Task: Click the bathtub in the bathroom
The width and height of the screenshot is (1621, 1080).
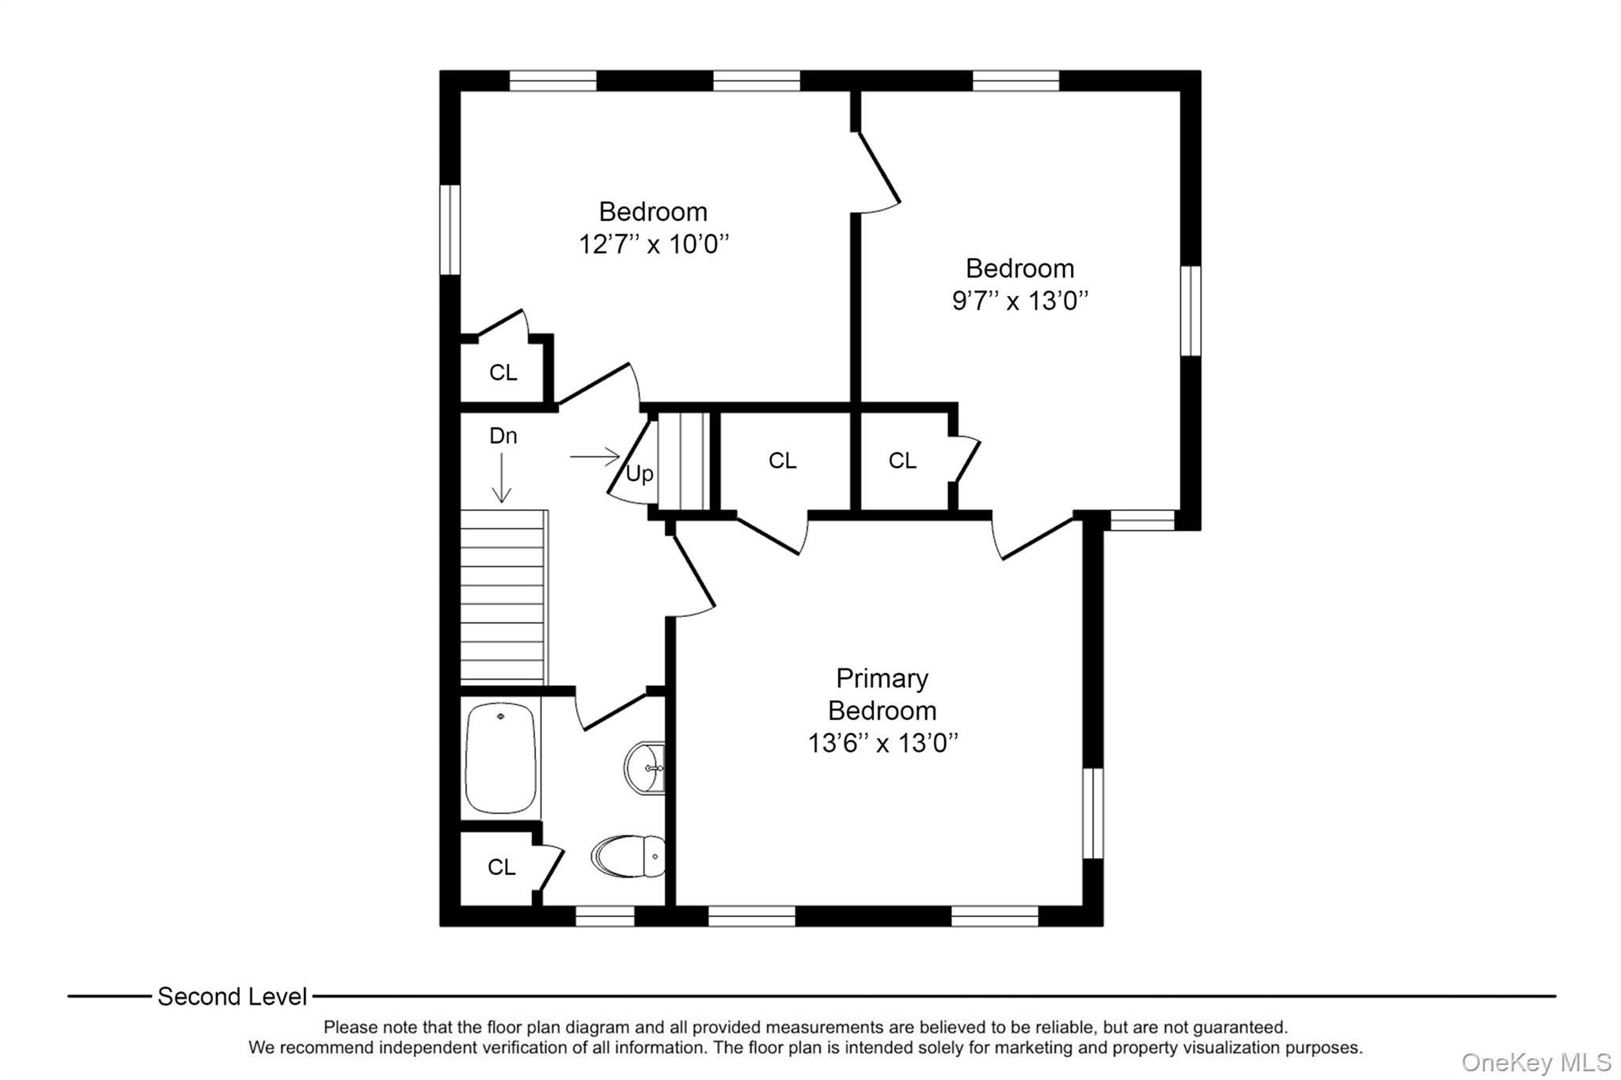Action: pos(500,758)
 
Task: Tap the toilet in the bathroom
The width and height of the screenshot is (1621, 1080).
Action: pos(628,856)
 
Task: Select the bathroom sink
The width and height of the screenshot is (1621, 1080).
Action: pos(644,767)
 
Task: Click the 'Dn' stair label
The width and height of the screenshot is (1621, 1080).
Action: pos(503,435)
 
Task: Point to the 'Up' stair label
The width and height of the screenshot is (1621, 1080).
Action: pos(640,474)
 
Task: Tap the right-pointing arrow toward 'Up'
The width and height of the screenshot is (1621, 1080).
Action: pos(594,457)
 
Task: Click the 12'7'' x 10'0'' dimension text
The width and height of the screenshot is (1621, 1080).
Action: pos(654,244)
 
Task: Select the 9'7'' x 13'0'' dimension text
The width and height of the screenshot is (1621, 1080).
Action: pos(1020,301)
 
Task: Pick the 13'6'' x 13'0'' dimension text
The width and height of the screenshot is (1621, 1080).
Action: pos(883,743)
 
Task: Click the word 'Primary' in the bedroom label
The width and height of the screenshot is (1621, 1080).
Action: pos(882,678)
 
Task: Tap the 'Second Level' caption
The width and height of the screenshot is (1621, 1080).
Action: pos(232,996)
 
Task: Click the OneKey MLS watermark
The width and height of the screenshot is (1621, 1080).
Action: pos(1536,1062)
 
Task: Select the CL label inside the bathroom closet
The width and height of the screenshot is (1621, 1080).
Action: pos(502,867)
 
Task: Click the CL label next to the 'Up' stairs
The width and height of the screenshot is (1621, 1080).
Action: pos(783,460)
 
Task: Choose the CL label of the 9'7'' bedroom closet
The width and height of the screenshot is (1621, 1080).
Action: pos(902,460)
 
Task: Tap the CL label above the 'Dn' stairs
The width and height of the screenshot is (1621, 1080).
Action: pos(503,372)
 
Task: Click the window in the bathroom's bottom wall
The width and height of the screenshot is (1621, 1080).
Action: pos(605,916)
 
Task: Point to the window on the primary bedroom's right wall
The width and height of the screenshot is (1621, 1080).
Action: pos(1092,813)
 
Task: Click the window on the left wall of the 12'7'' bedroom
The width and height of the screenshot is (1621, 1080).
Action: pos(450,229)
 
